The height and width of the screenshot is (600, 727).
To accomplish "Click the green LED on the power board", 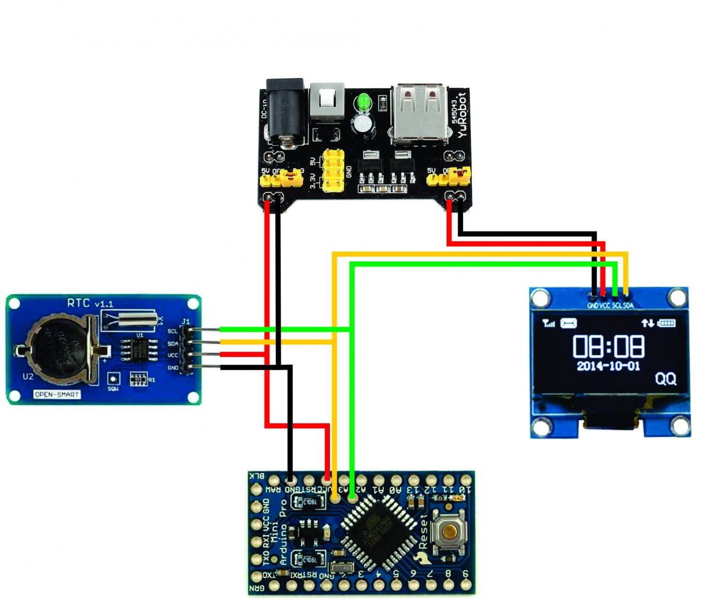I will click(363, 102).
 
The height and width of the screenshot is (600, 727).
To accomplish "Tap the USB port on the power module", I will click(419, 113).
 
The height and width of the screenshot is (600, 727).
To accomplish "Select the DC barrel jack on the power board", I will click(285, 113).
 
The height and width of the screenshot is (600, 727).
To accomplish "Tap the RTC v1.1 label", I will click(90, 303).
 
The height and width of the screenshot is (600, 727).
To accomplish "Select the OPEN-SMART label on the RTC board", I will click(57, 394).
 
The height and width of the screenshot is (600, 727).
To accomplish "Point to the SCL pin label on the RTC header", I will click(172, 331).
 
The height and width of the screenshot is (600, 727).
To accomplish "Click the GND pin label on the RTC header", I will click(172, 368).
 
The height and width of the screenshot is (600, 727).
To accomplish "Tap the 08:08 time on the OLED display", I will click(608, 346).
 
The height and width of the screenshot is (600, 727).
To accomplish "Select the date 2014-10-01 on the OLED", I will click(608, 366).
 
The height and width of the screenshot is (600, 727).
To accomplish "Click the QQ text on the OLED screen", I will click(665, 379).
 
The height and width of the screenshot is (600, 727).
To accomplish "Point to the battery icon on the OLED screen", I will click(666, 323).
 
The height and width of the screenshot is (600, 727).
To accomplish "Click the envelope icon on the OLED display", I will click(568, 323).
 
